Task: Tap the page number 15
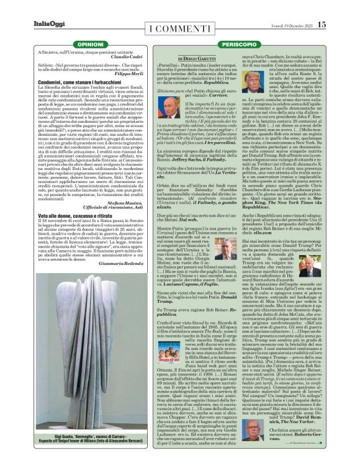point(322,24)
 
